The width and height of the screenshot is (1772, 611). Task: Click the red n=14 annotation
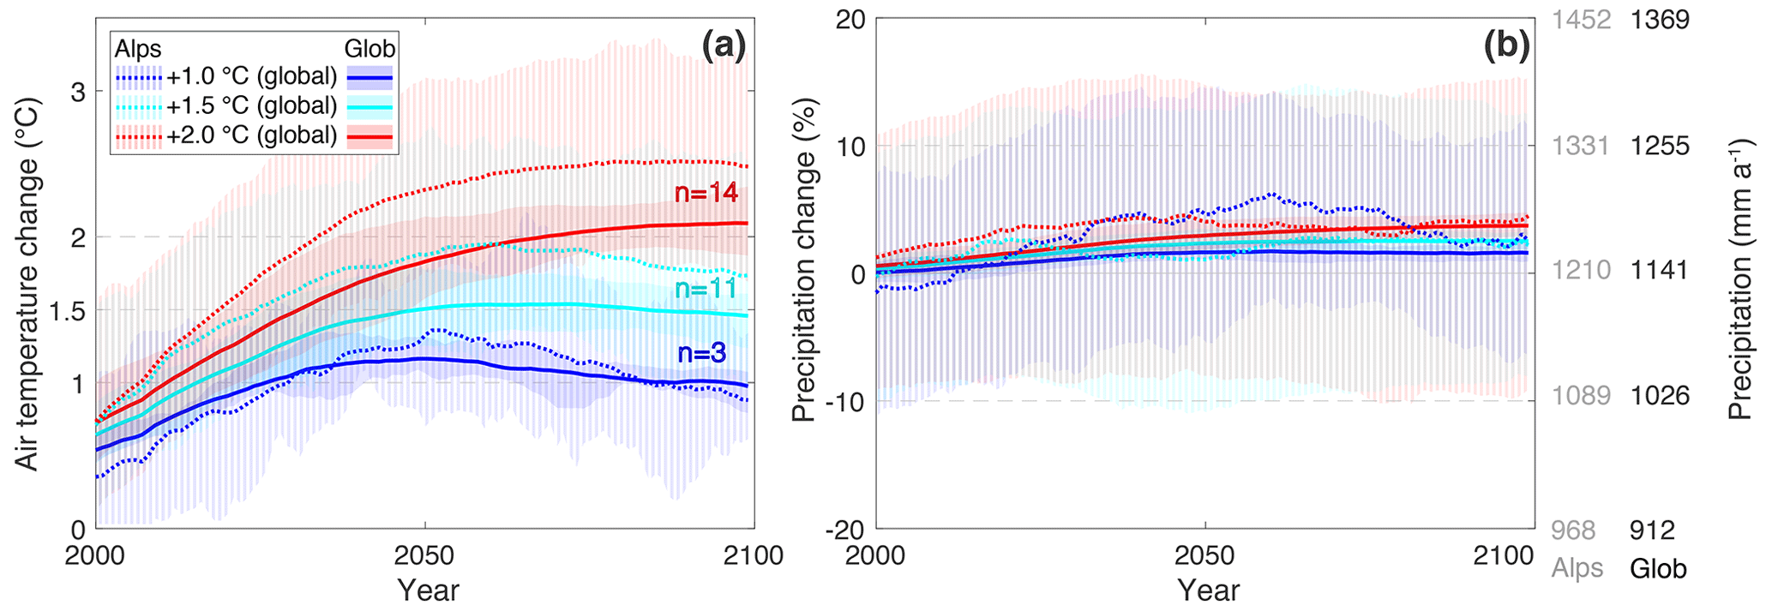tap(706, 194)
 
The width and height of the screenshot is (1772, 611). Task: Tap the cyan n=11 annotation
tap(706, 289)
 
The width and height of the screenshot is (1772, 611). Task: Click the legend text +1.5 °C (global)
tap(251, 106)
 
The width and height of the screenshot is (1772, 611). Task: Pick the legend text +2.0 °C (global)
tap(251, 135)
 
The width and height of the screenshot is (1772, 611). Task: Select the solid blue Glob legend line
tap(369, 78)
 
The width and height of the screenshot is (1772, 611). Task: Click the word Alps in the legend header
tap(138, 49)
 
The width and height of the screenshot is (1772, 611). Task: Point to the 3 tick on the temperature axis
tap(78, 92)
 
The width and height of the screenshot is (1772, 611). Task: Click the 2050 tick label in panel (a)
tap(424, 556)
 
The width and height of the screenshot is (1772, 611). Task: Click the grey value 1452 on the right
tap(1582, 20)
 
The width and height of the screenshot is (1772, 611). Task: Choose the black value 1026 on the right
tap(1660, 396)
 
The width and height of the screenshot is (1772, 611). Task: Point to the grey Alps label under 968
tap(1577, 569)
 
